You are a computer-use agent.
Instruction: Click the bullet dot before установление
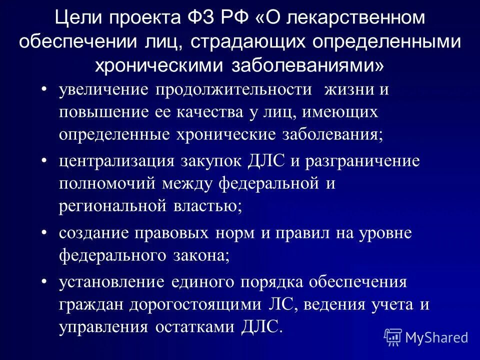click(x=44, y=281)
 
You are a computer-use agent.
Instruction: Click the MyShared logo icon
click(x=393, y=337)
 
